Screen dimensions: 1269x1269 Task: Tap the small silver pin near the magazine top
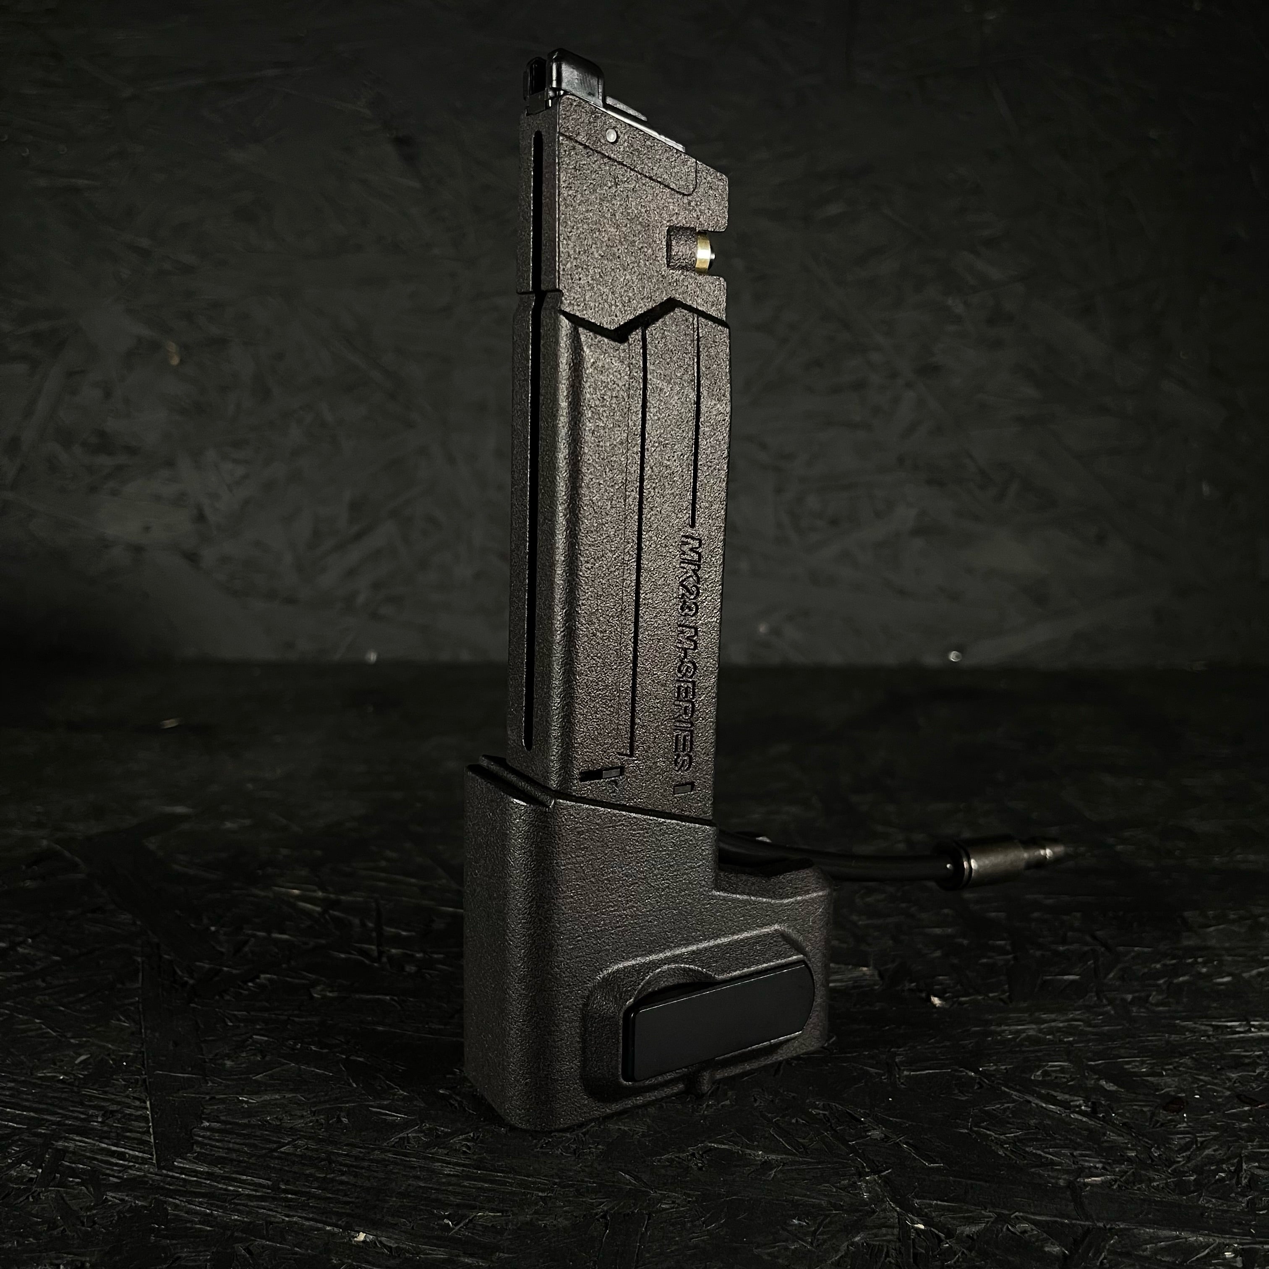click(611, 135)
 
